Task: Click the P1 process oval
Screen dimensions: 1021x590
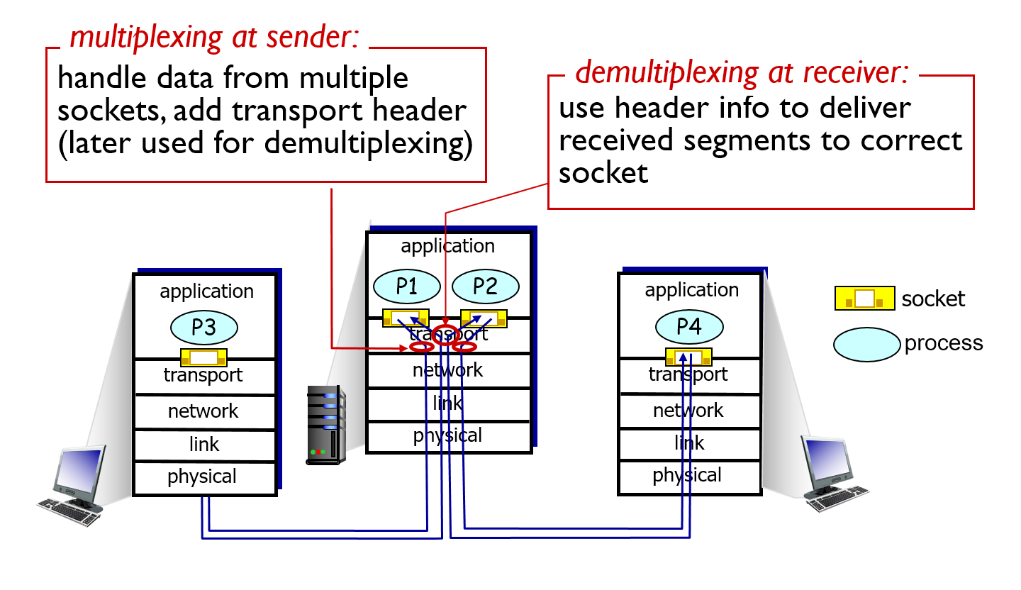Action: pyautogui.click(x=406, y=286)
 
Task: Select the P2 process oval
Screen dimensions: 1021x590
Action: pyautogui.click(x=486, y=286)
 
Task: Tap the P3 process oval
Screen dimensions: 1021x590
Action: pyautogui.click(x=203, y=328)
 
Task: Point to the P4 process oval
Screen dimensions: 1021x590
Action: pyautogui.click(x=689, y=326)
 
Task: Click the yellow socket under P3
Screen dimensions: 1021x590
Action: pyautogui.click(x=203, y=357)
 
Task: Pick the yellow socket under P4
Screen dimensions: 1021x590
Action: pyautogui.click(x=688, y=357)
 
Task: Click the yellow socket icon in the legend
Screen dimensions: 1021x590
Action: pyautogui.click(x=865, y=299)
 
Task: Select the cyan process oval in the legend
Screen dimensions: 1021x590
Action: pyautogui.click(x=866, y=345)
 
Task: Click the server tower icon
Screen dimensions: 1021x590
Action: pyautogui.click(x=325, y=425)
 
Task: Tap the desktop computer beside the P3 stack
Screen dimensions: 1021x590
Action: pyautogui.click(x=73, y=486)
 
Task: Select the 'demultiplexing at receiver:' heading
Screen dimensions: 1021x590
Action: pyautogui.click(x=742, y=72)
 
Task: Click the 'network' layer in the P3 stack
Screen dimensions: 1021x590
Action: pyautogui.click(x=203, y=411)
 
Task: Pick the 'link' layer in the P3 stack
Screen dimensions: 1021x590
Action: pyautogui.click(x=203, y=445)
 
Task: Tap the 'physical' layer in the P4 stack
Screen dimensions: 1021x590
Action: pyautogui.click(x=687, y=476)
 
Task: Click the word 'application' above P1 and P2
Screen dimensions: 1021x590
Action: pyautogui.click(x=447, y=246)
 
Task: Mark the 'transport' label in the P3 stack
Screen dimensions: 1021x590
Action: pyautogui.click(x=203, y=375)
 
